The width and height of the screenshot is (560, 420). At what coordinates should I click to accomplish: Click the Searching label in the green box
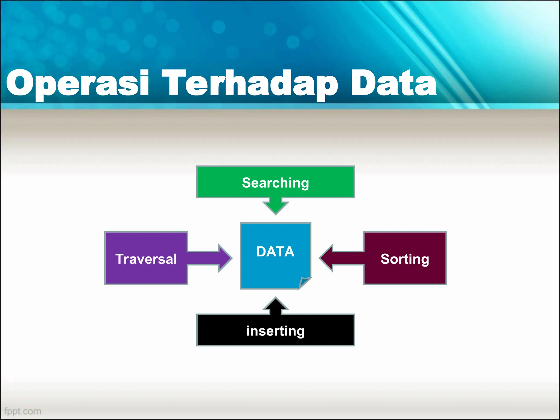click(275, 183)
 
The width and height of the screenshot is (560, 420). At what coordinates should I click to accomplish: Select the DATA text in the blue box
click(275, 252)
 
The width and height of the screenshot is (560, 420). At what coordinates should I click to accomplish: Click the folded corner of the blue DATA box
click(304, 283)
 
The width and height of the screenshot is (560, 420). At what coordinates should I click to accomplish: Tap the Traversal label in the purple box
click(146, 259)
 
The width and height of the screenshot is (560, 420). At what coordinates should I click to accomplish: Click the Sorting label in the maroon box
click(405, 259)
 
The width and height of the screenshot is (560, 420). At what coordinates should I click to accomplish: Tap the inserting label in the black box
click(275, 331)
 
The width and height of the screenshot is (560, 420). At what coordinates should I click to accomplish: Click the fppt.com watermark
click(23, 411)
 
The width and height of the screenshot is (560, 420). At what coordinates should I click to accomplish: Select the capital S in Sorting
click(385, 259)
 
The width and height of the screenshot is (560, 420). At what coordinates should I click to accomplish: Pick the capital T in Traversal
click(120, 259)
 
